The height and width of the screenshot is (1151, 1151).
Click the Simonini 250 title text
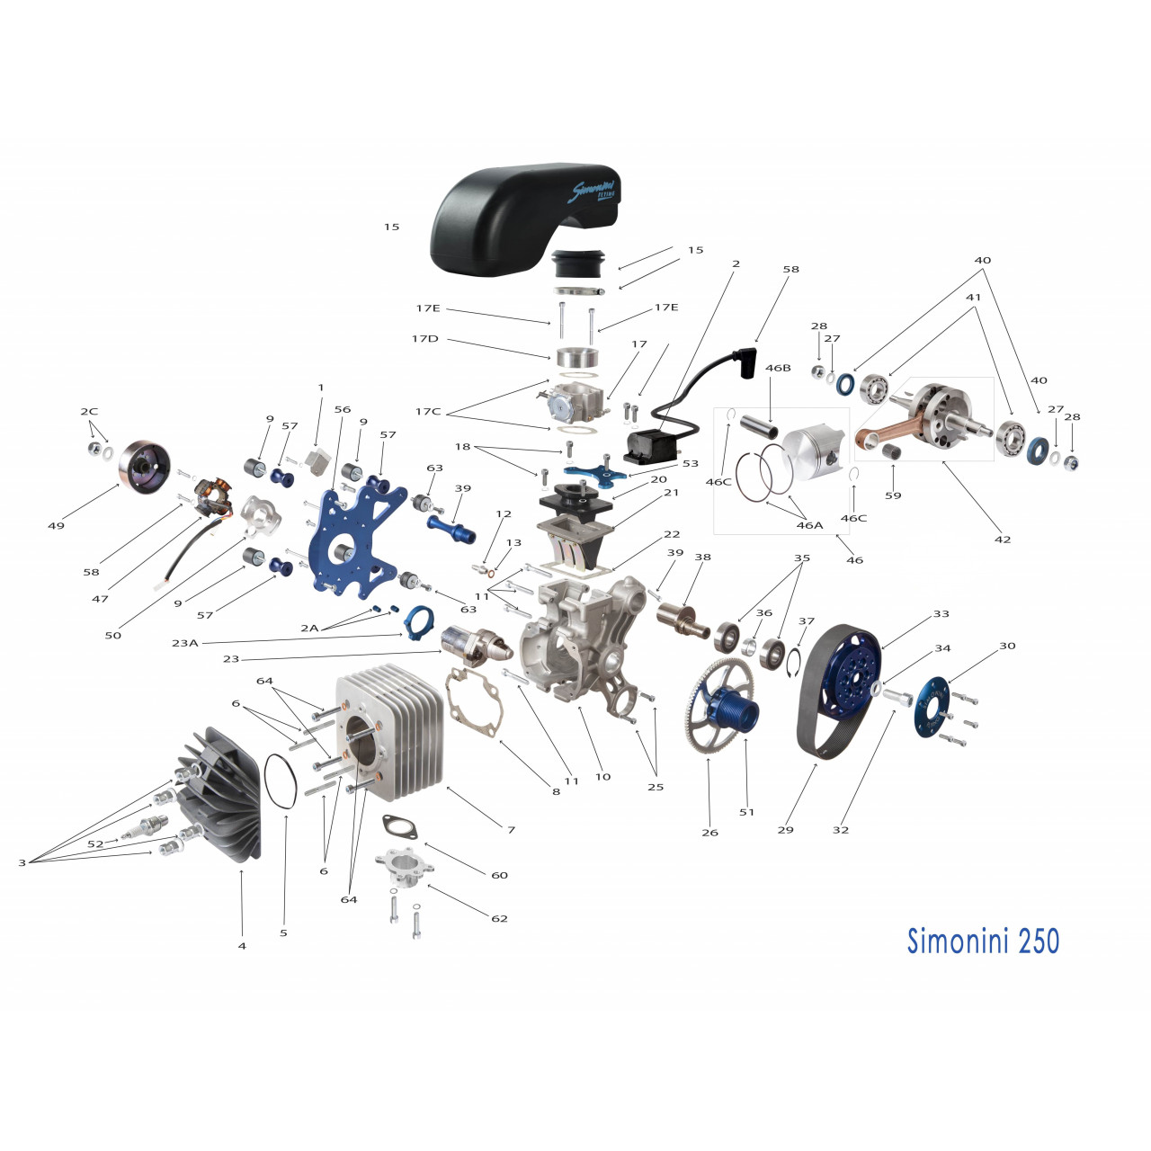(983, 941)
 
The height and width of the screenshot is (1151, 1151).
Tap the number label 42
(1003, 540)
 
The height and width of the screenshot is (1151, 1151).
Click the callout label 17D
(425, 339)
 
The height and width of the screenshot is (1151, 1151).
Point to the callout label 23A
(185, 643)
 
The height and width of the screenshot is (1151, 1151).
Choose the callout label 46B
(778, 368)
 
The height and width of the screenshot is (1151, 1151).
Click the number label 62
(499, 918)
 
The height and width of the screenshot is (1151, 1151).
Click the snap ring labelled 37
(793, 660)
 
